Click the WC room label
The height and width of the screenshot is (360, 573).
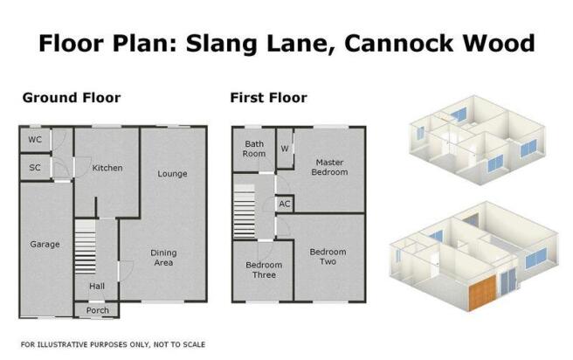(x=35, y=140)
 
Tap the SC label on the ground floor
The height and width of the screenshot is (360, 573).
(x=35, y=168)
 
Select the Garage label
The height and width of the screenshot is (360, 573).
(x=45, y=245)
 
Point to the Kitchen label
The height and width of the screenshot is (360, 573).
(x=107, y=168)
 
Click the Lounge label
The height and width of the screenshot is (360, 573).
(x=172, y=174)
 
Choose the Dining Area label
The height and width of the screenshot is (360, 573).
(x=163, y=258)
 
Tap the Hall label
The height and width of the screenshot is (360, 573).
(x=97, y=287)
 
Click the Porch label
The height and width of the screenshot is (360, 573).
(x=98, y=310)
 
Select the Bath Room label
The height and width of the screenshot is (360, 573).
(x=254, y=149)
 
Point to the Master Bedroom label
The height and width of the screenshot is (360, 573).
(x=329, y=167)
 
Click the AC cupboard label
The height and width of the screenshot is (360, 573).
(x=285, y=204)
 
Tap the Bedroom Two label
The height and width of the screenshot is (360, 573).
(x=328, y=257)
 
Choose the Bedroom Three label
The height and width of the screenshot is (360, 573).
(x=264, y=270)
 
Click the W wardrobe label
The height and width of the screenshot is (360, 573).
(x=285, y=149)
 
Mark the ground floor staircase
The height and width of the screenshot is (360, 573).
(x=85, y=246)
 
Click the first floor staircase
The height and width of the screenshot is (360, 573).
(x=244, y=211)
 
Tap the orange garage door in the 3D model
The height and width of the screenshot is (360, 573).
(x=482, y=294)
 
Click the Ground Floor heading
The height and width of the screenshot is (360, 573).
(x=72, y=98)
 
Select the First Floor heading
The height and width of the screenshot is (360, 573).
(x=269, y=98)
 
